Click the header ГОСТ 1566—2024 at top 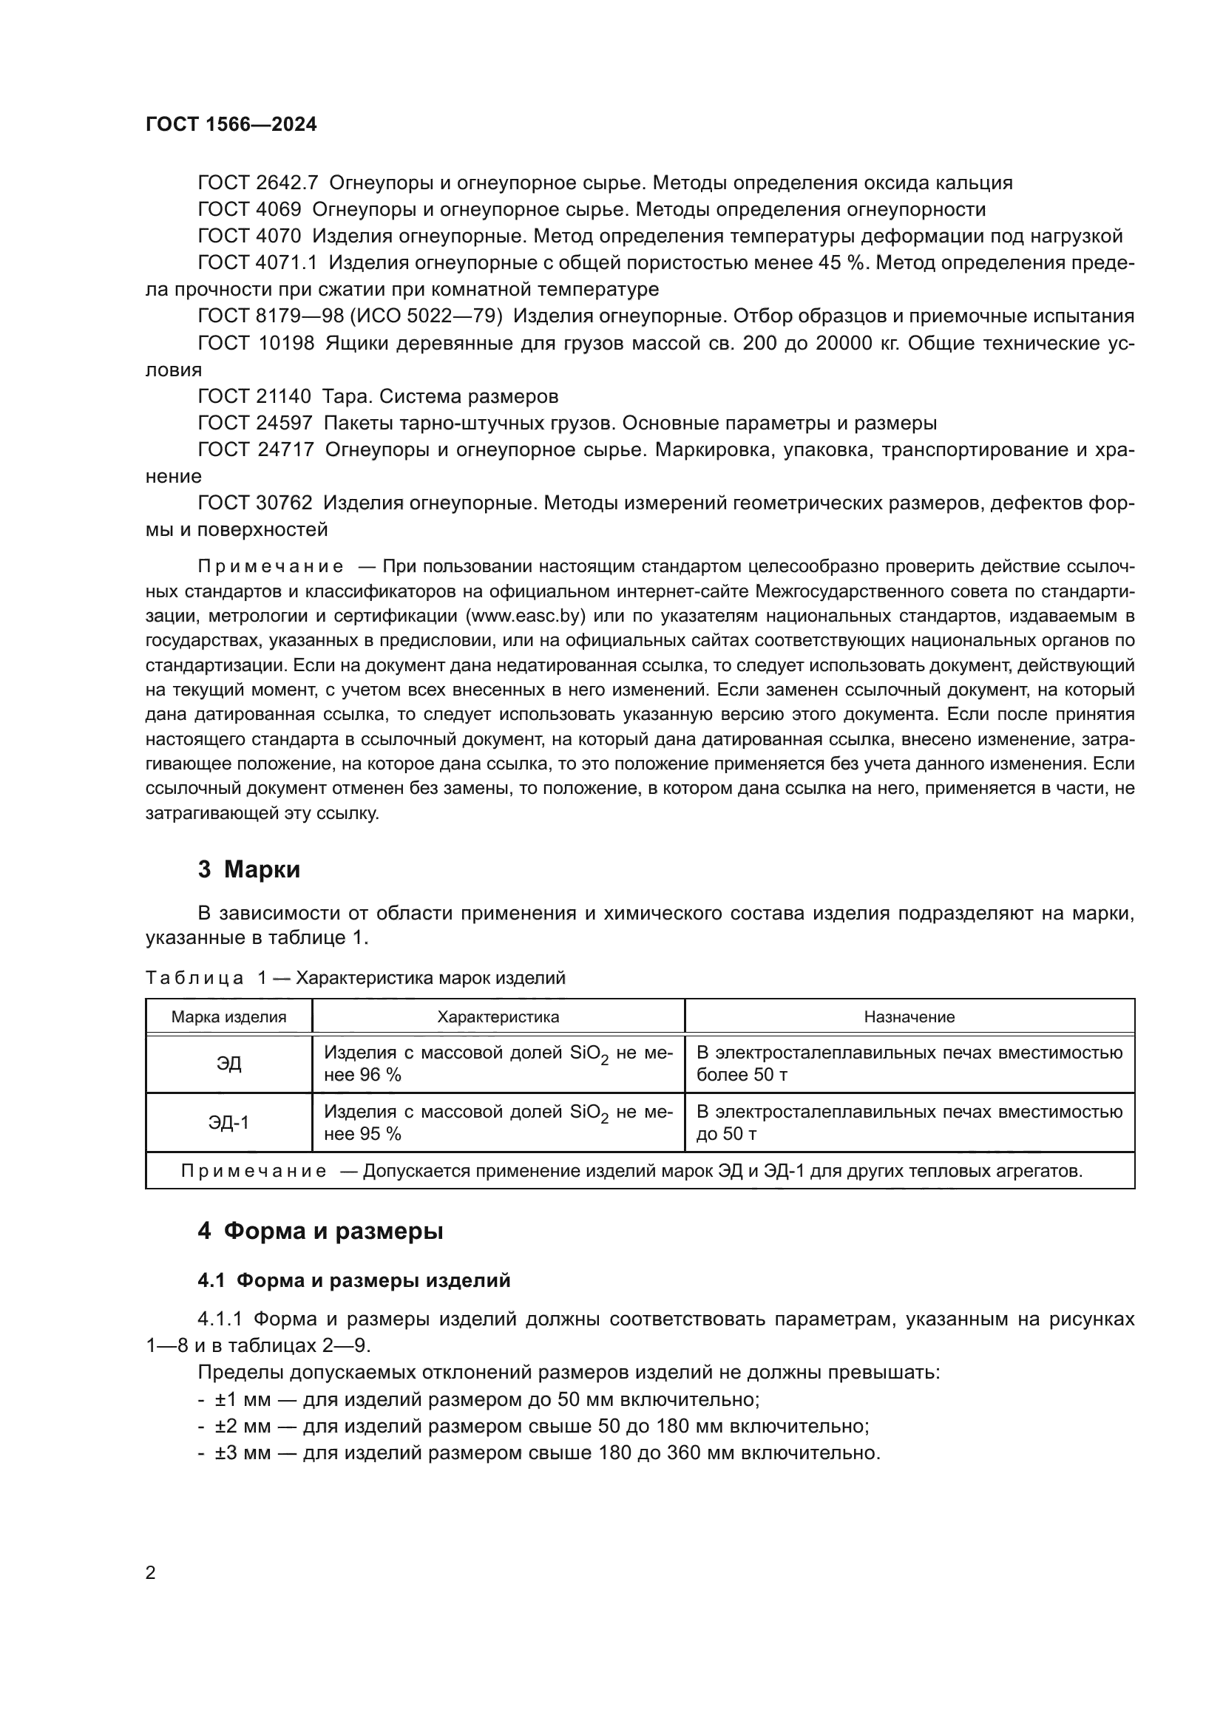click(x=231, y=124)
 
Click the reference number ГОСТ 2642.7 click(x=257, y=183)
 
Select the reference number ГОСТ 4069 click(x=249, y=209)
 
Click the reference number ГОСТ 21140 click(x=254, y=396)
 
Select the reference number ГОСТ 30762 click(x=254, y=502)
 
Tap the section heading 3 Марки click(x=248, y=870)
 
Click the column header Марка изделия click(x=229, y=1016)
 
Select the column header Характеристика click(x=498, y=1016)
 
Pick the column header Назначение click(x=909, y=1016)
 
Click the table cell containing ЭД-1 click(x=229, y=1123)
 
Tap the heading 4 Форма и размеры click(x=320, y=1232)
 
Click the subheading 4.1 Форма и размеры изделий click(x=354, y=1280)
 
